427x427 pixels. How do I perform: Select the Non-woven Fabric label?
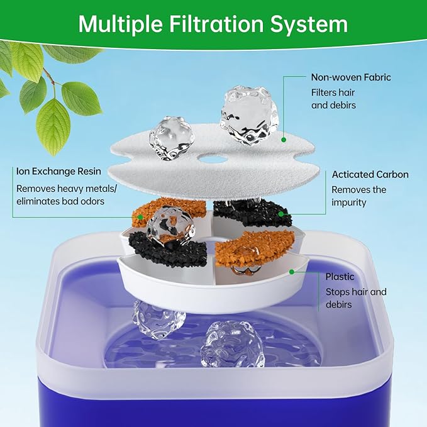click(x=350, y=77)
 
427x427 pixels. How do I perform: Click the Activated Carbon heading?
click(x=370, y=174)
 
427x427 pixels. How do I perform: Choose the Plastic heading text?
click(x=340, y=277)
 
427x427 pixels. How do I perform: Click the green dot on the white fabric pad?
click(x=284, y=139)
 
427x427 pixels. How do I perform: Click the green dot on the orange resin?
click(x=138, y=215)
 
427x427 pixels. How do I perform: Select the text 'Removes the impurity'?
click(x=358, y=196)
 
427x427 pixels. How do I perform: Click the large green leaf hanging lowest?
click(x=53, y=126)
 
